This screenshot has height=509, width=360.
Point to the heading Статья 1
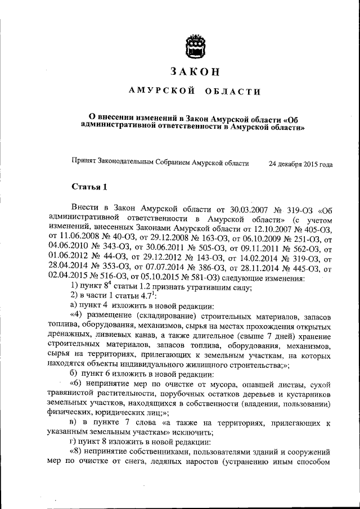(88, 186)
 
